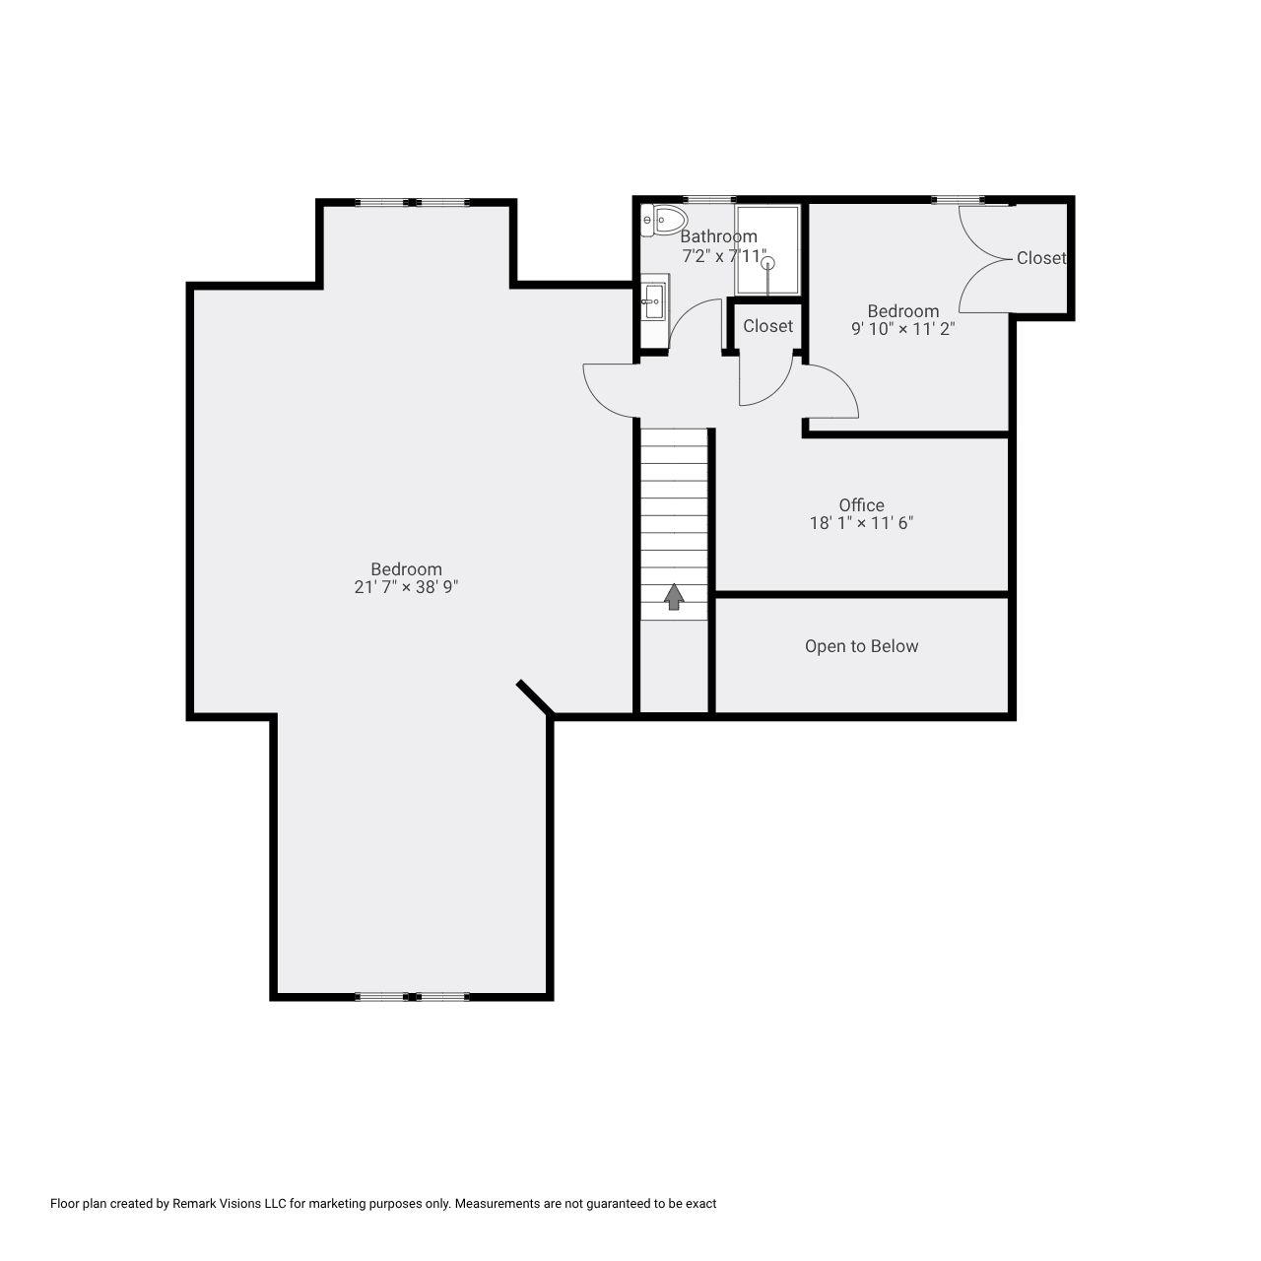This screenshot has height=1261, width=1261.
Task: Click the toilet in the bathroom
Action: [x=665, y=220]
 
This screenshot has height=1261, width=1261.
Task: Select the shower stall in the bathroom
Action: [x=768, y=250]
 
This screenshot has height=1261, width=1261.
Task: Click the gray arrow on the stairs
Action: [x=674, y=596]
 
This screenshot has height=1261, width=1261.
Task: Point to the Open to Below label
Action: [x=861, y=646]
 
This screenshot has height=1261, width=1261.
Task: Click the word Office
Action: [x=861, y=505]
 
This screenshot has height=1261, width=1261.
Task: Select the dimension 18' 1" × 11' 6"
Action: [x=861, y=524]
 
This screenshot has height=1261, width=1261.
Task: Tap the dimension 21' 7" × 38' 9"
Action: [x=407, y=587]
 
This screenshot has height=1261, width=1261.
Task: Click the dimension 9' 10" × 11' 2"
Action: [x=902, y=329]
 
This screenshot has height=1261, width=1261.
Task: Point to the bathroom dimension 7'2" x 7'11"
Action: [x=724, y=256]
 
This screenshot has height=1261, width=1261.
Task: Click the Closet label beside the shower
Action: [x=767, y=326]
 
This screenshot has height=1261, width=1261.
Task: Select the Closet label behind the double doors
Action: [x=1040, y=258]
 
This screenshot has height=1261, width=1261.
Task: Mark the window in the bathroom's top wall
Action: [x=709, y=200]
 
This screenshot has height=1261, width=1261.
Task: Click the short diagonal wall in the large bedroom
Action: [x=535, y=697]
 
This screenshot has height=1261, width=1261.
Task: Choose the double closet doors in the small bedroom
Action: [x=985, y=258]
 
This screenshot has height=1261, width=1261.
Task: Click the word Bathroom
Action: [x=718, y=236]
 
